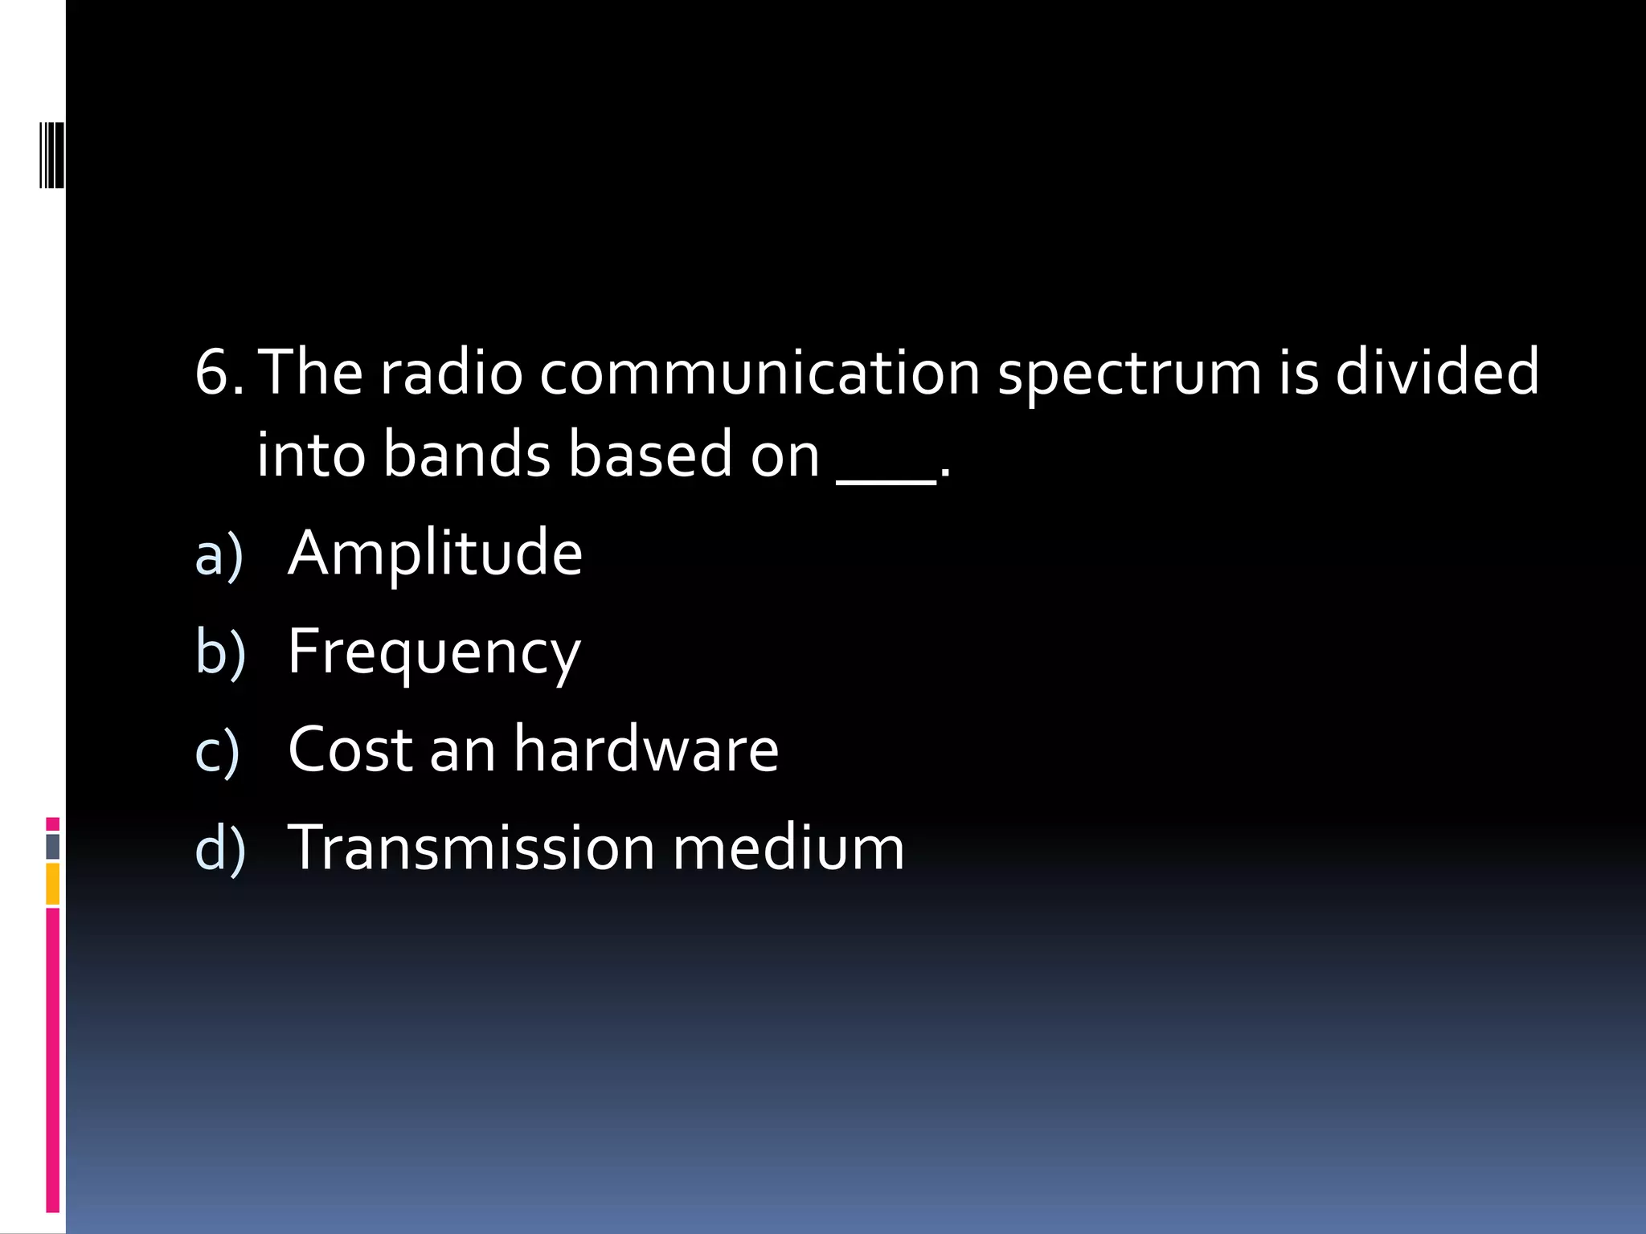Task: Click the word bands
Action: (x=467, y=455)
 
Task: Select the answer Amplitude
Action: (x=435, y=554)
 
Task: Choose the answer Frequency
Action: (x=434, y=653)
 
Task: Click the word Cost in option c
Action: (x=350, y=749)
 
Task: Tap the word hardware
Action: (x=646, y=749)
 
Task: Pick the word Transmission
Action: (x=471, y=848)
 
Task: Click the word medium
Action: (x=788, y=848)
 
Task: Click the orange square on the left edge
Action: (x=52, y=883)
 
